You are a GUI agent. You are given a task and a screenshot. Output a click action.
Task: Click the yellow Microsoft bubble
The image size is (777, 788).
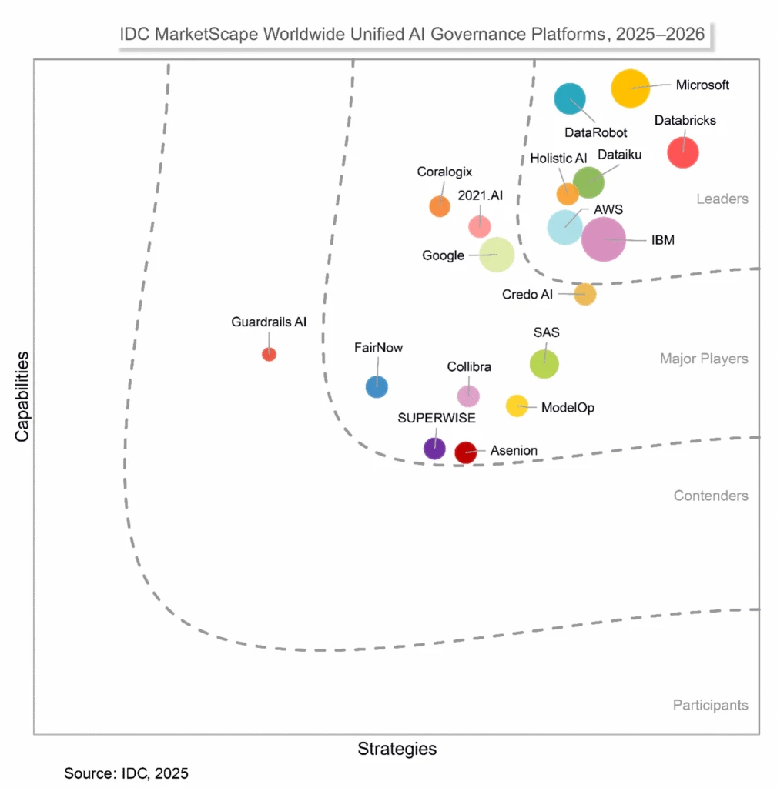click(x=631, y=88)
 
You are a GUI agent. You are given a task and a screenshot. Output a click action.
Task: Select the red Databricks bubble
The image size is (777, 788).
click(x=682, y=152)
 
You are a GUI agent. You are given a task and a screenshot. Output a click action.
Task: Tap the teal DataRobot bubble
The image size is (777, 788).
click(x=571, y=98)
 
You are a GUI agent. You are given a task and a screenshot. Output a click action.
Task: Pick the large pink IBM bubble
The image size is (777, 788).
click(x=604, y=239)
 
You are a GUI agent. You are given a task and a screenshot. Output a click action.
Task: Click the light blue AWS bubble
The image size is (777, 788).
click(x=565, y=227)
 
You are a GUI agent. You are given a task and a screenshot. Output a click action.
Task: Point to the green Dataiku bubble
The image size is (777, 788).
click(x=588, y=182)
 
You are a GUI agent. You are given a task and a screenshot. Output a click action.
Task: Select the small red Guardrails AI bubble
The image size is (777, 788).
click(x=269, y=354)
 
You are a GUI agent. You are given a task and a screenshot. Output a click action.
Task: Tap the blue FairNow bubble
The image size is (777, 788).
click(x=377, y=386)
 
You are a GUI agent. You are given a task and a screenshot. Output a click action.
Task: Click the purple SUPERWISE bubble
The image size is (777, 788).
click(x=435, y=448)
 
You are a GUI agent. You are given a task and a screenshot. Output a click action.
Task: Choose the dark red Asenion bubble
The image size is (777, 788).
click(x=465, y=452)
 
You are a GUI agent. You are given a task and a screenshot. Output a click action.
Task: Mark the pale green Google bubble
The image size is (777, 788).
click(x=497, y=255)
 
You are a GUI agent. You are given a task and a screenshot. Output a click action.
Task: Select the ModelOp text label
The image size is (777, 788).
click(x=568, y=407)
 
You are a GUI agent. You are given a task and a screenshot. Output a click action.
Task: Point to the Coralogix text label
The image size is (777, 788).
click(x=444, y=172)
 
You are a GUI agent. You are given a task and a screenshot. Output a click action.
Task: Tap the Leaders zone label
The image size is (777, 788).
click(x=722, y=199)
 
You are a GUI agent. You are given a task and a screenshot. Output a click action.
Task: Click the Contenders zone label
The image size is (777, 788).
click(x=710, y=496)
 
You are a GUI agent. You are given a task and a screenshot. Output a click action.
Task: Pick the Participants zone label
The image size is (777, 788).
click(x=710, y=705)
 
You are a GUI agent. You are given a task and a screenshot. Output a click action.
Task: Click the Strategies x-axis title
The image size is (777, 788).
click(x=397, y=749)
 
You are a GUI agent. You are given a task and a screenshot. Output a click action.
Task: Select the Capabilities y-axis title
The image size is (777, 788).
click(x=22, y=396)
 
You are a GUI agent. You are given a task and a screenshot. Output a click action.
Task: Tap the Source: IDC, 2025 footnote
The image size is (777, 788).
click(x=126, y=773)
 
